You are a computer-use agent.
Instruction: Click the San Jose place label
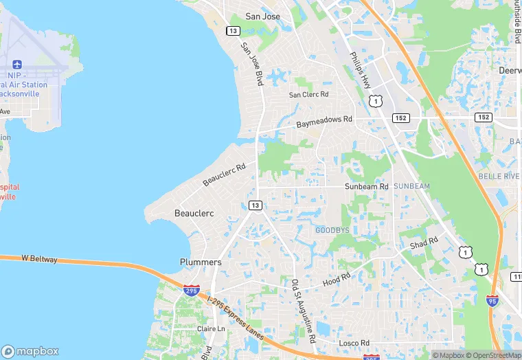point(262,16)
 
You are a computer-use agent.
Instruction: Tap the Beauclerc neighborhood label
point(194,213)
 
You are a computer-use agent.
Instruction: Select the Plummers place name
point(200,262)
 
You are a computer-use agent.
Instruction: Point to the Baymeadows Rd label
point(324,122)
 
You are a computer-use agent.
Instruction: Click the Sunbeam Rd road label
point(366,186)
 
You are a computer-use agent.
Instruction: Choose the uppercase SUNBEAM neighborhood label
point(411,186)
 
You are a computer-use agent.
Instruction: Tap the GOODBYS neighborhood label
point(332,230)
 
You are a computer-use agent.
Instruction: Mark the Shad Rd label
point(423,244)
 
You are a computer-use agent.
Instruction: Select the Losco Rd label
point(354,343)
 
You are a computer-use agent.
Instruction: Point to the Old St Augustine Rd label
point(303,312)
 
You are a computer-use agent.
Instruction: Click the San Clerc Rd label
point(308,94)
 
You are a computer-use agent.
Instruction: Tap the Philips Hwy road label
point(360,69)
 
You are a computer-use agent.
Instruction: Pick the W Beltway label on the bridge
point(39,259)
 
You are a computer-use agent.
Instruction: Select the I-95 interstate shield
point(492,300)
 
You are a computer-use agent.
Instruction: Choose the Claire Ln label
point(211,329)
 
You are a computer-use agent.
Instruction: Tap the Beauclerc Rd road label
point(224,175)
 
